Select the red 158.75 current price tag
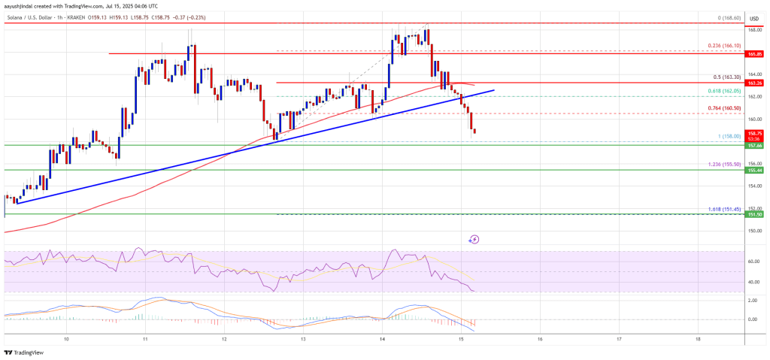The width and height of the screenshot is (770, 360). pos(753,132)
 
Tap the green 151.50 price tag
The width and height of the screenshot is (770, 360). pos(753,214)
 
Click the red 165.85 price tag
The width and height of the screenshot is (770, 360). pos(753,54)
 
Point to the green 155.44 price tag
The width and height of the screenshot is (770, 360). pos(753,171)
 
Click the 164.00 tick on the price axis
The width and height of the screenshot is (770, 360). pos(753,74)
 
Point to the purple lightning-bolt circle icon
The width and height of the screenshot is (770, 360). pos(474,240)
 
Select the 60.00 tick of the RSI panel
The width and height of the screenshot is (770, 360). pos(753,262)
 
